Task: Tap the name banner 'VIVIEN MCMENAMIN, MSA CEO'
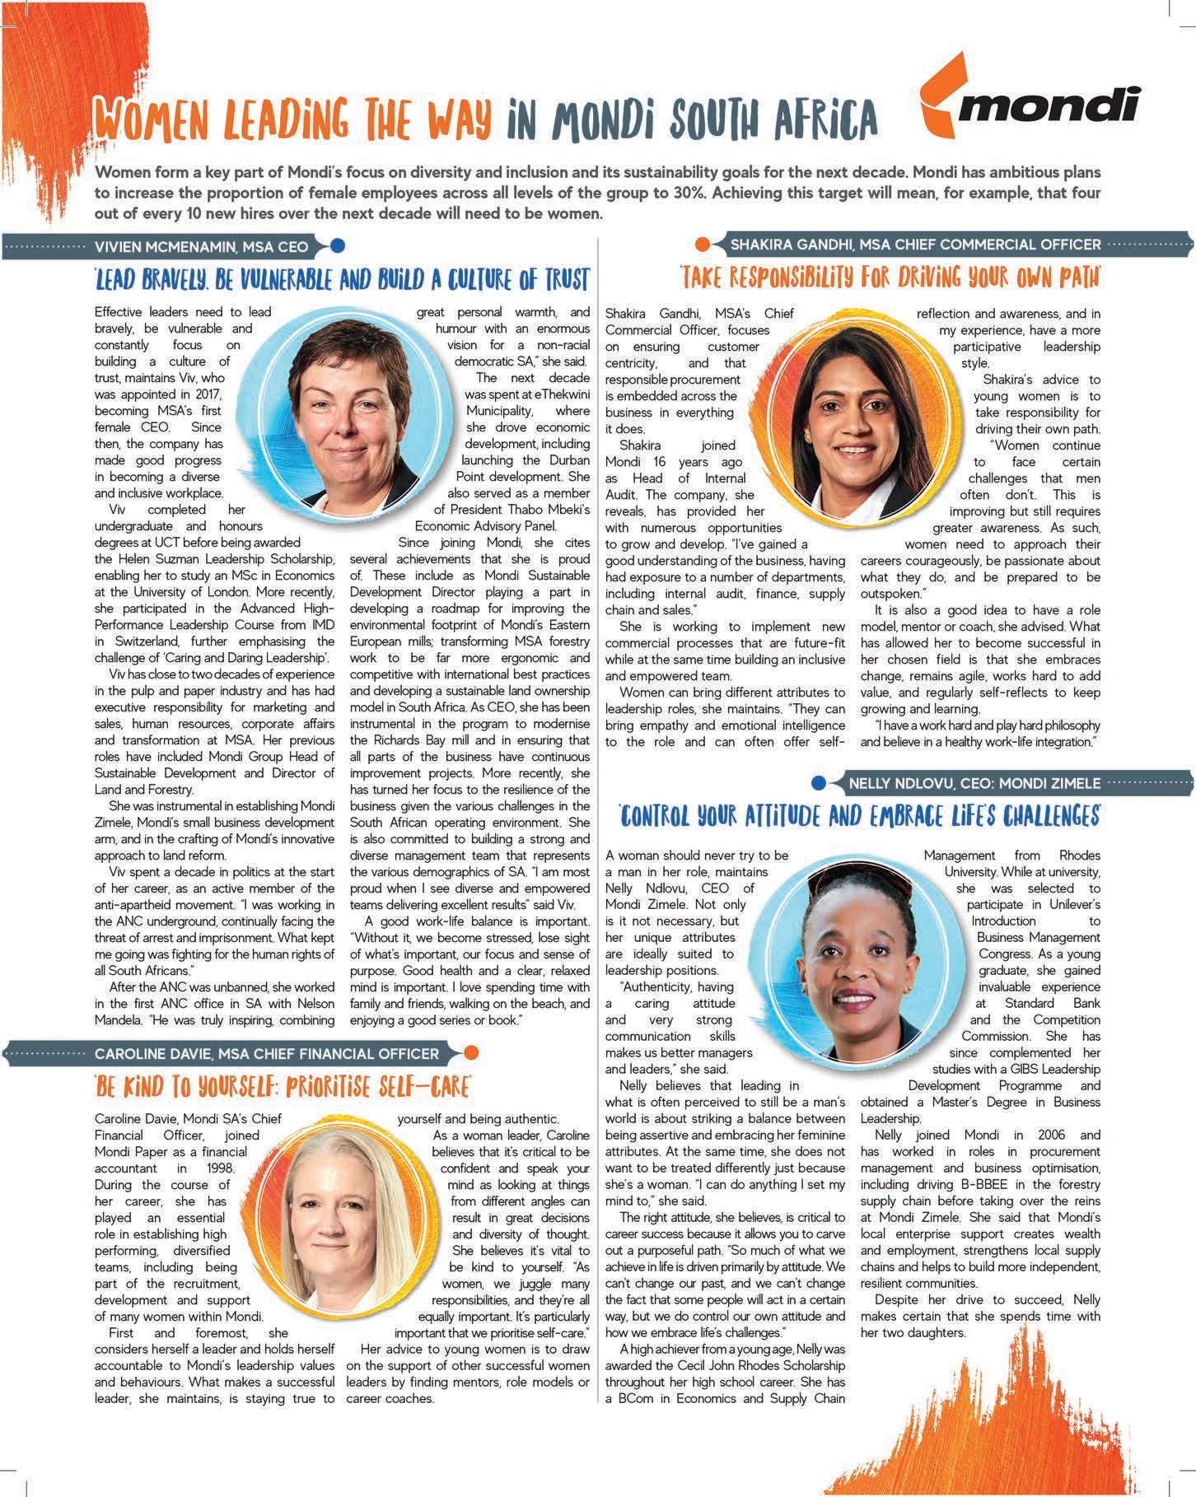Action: click(x=202, y=246)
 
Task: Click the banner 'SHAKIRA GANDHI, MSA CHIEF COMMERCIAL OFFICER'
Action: click(x=915, y=245)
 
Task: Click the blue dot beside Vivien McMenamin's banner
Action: click(x=336, y=245)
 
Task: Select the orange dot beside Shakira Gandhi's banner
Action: click(x=703, y=245)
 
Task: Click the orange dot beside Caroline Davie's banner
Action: click(x=470, y=1052)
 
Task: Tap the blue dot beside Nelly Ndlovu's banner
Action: click(x=819, y=782)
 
